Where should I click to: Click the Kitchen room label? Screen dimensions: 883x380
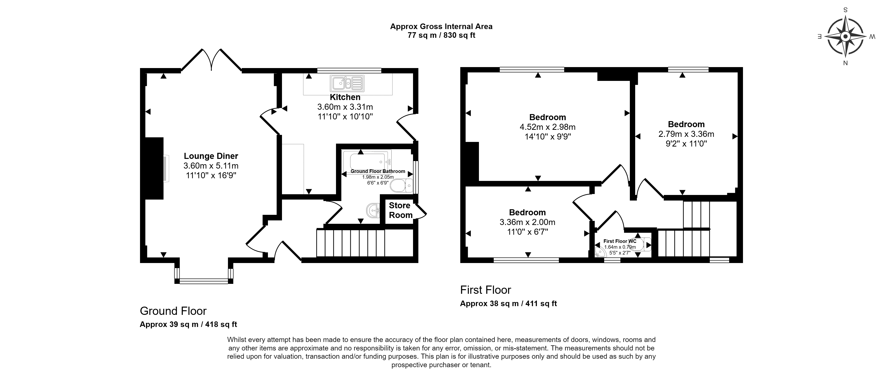tap(345, 97)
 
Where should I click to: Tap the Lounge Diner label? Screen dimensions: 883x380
tap(211, 156)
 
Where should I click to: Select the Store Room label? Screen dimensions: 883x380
tap(400, 210)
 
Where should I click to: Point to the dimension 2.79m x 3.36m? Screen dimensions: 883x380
tap(686, 134)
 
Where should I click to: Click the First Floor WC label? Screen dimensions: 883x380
tap(620, 241)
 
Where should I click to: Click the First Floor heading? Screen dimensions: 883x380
tap(485, 290)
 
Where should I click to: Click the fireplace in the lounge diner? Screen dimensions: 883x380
tap(155, 168)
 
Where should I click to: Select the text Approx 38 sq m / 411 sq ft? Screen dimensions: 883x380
tap(508, 304)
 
